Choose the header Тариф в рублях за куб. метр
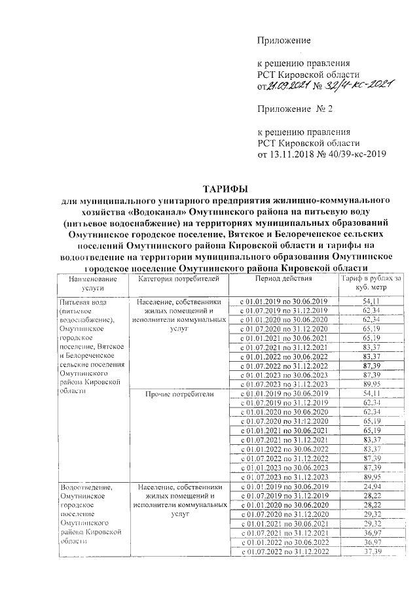pyautogui.click(x=371, y=282)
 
